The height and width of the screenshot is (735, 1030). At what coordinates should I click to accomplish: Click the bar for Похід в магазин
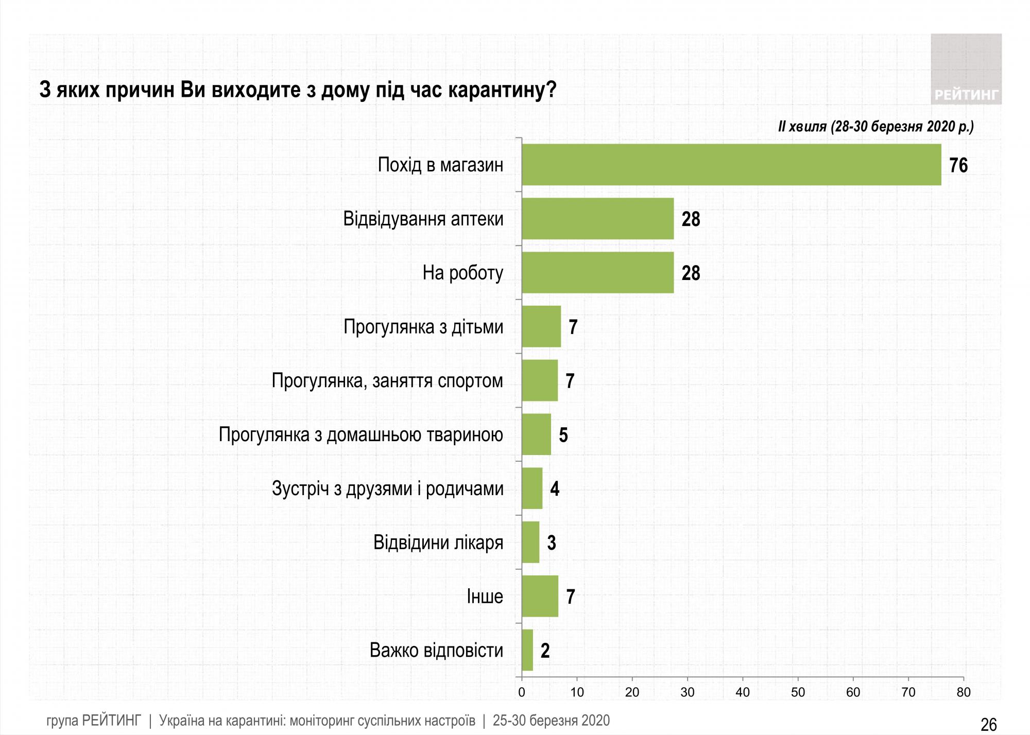(x=731, y=165)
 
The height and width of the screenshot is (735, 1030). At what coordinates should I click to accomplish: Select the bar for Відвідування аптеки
(x=597, y=219)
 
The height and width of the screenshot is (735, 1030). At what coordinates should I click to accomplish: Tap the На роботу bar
(x=597, y=273)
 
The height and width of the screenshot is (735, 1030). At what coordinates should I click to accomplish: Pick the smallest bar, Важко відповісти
(x=527, y=651)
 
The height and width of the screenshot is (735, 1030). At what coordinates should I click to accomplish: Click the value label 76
(x=958, y=166)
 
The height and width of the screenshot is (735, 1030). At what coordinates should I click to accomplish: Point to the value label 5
(x=563, y=435)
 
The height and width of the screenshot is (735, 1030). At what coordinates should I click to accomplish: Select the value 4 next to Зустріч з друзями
(x=555, y=489)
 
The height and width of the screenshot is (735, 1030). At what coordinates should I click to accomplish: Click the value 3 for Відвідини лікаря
(x=552, y=543)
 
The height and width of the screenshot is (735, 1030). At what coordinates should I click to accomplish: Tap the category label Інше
(x=485, y=597)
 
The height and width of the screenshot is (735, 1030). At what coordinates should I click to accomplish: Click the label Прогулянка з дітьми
(x=423, y=327)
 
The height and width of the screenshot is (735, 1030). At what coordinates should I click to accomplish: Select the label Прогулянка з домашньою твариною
(x=360, y=435)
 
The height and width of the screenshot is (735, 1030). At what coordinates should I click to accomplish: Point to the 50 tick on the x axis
(x=798, y=692)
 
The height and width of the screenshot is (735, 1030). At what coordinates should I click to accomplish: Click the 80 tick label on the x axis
(x=964, y=692)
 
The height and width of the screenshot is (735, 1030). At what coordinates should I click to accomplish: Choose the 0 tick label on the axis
(x=522, y=692)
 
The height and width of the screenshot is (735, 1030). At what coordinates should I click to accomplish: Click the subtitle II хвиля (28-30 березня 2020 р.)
(x=875, y=127)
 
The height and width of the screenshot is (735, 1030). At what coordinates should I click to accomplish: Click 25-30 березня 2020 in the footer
(x=551, y=721)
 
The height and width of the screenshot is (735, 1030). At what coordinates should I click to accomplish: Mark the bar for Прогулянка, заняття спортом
(x=540, y=381)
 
